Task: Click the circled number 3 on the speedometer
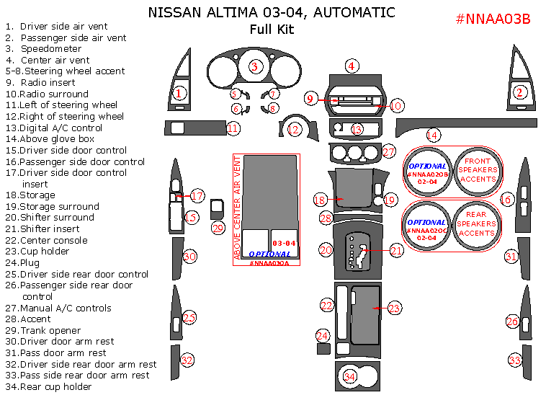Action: (x=254, y=66)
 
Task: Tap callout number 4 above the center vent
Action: (x=352, y=66)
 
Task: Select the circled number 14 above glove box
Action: (x=432, y=135)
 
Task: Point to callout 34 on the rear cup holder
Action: (x=350, y=376)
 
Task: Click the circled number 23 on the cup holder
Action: (x=394, y=308)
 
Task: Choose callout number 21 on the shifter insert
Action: (x=396, y=250)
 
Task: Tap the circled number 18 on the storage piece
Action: (x=321, y=199)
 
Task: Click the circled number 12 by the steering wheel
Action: (x=294, y=130)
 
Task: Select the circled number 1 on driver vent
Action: (x=179, y=92)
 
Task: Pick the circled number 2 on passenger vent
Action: (x=519, y=92)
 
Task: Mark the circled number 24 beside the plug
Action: (x=323, y=336)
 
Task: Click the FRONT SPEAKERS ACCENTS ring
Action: (x=477, y=170)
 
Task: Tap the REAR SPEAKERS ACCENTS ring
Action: (x=477, y=223)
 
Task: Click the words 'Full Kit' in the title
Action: (x=272, y=30)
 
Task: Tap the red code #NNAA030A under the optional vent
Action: (x=268, y=263)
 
